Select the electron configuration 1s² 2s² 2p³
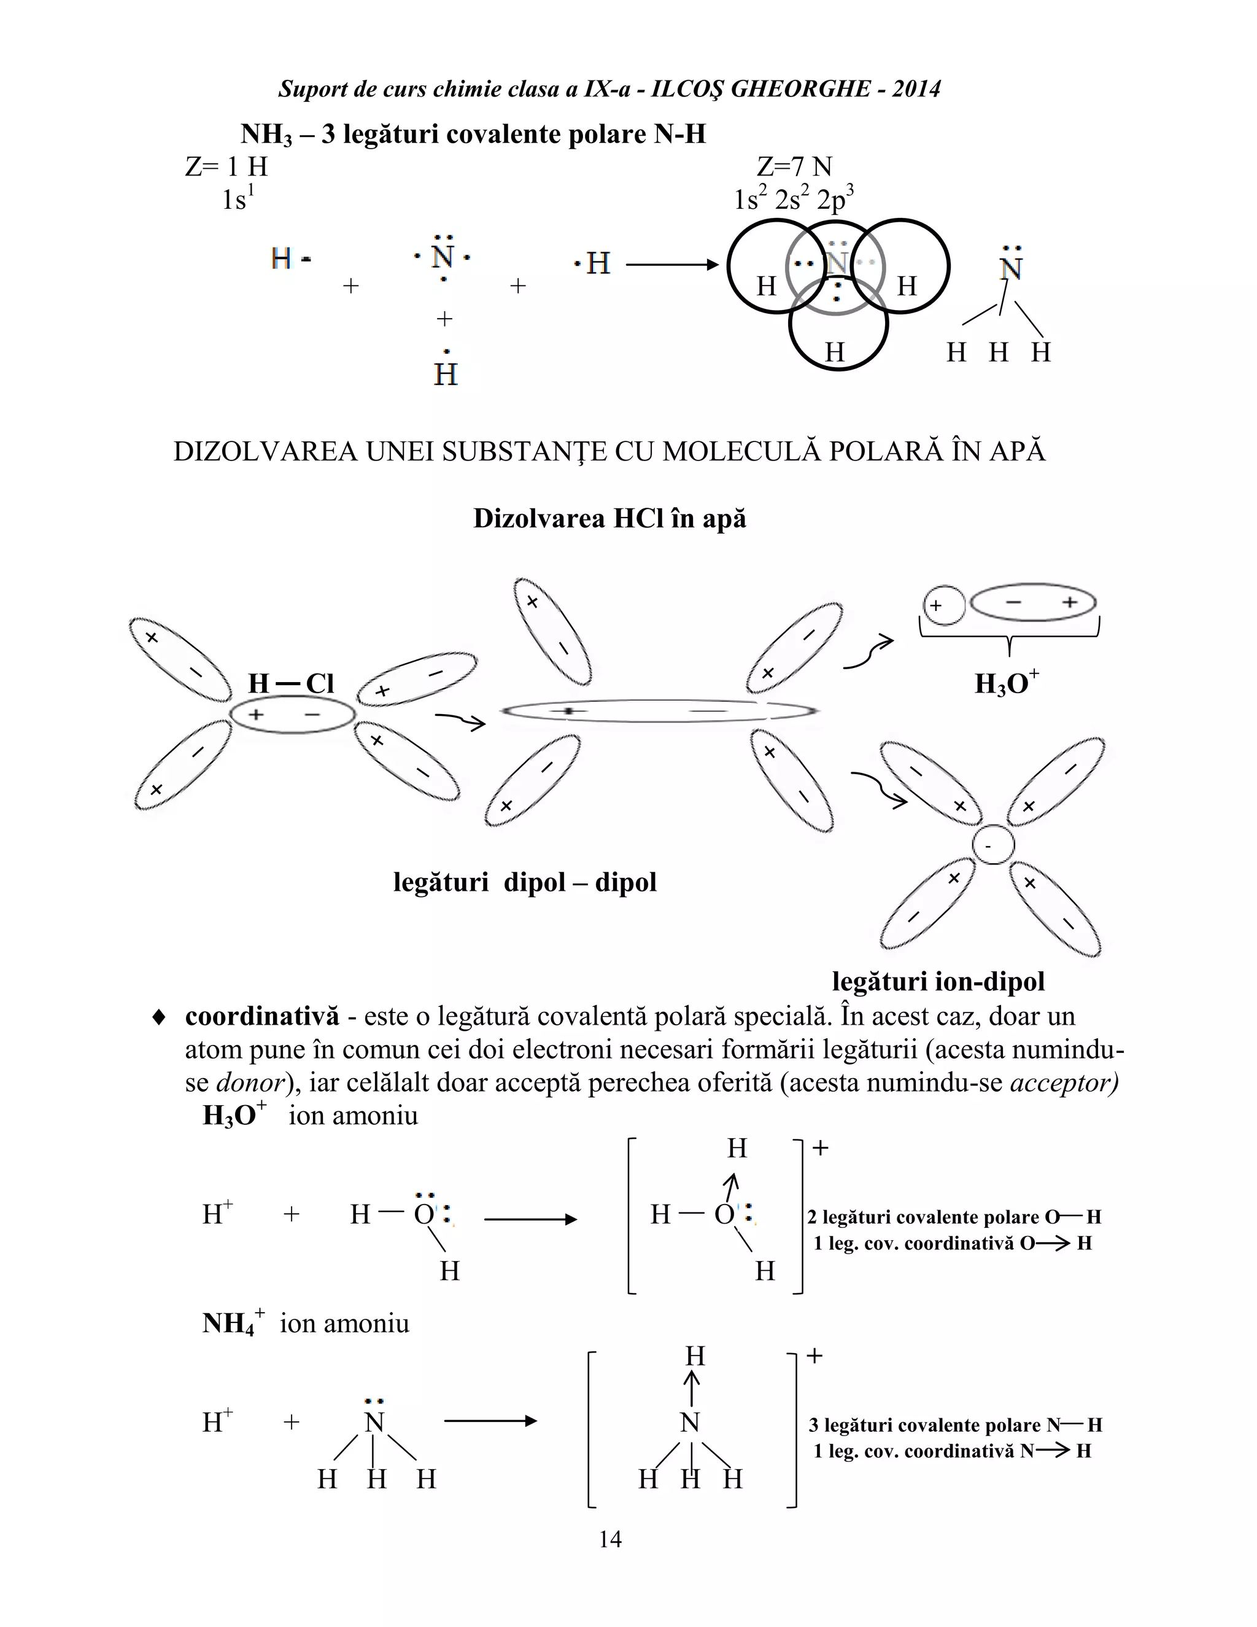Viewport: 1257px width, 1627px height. point(793,200)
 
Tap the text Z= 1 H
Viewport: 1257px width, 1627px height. point(226,166)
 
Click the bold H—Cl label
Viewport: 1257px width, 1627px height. point(290,683)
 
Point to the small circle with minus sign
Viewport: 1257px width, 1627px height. point(994,845)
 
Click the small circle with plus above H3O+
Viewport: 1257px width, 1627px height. point(943,605)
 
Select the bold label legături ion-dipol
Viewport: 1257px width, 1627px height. point(938,981)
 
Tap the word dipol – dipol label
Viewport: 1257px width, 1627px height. point(580,882)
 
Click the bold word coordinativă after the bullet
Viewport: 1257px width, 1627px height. point(262,1016)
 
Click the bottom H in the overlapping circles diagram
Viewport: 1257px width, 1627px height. point(835,352)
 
